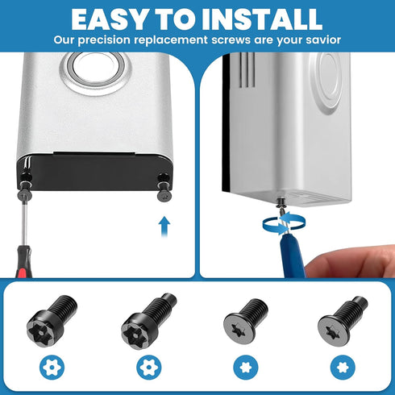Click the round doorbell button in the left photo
pyautogui.click(x=95, y=69)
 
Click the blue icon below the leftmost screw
pyautogui.click(x=51, y=368)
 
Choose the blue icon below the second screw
pyautogui.click(x=147, y=368)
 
